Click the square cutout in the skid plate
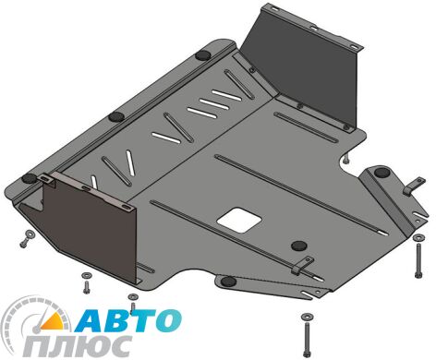click(x=239, y=220)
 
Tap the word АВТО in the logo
click(x=128, y=320)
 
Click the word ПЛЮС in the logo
click(x=77, y=346)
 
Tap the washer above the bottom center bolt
click(x=307, y=316)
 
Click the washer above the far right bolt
click(x=418, y=237)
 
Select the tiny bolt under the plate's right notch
click(x=346, y=160)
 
